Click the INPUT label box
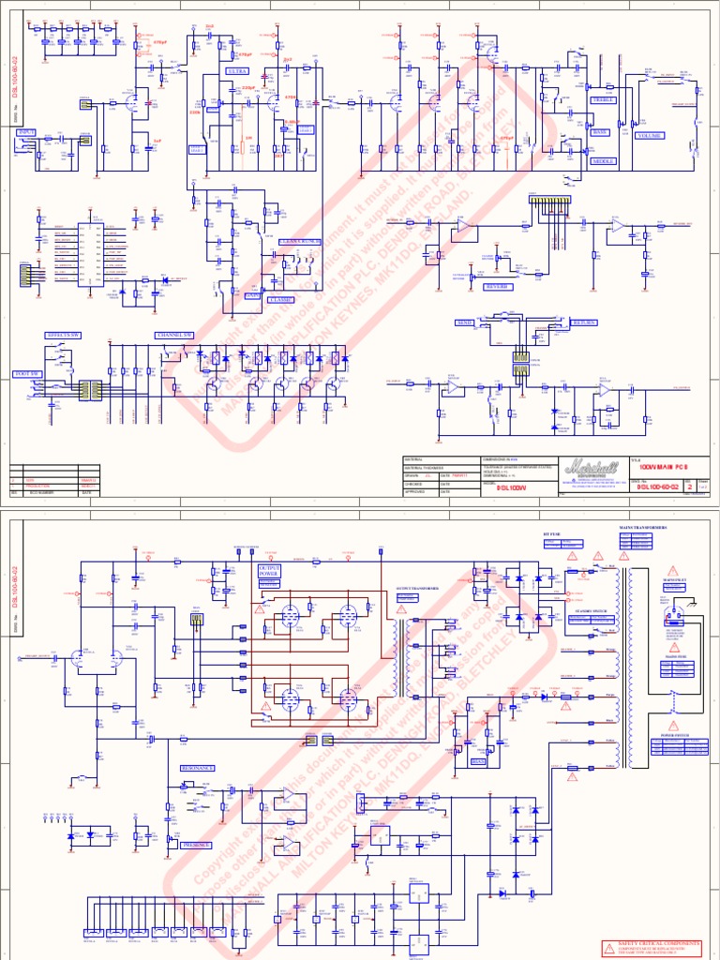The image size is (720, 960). tap(26, 133)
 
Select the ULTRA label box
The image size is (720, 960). tap(237, 71)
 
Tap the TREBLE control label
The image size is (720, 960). tap(601, 99)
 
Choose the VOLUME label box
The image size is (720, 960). tap(650, 136)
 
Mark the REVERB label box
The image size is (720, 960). tap(497, 287)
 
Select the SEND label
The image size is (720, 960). tap(465, 322)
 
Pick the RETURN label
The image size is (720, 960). tap(584, 322)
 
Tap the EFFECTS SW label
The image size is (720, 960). tap(64, 334)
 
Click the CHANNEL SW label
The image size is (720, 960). tap(175, 334)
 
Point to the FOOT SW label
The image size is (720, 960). tap(28, 374)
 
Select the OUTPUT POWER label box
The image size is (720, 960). tap(273, 572)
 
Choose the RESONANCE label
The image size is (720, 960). tap(197, 767)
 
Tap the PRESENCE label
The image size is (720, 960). tap(195, 845)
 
